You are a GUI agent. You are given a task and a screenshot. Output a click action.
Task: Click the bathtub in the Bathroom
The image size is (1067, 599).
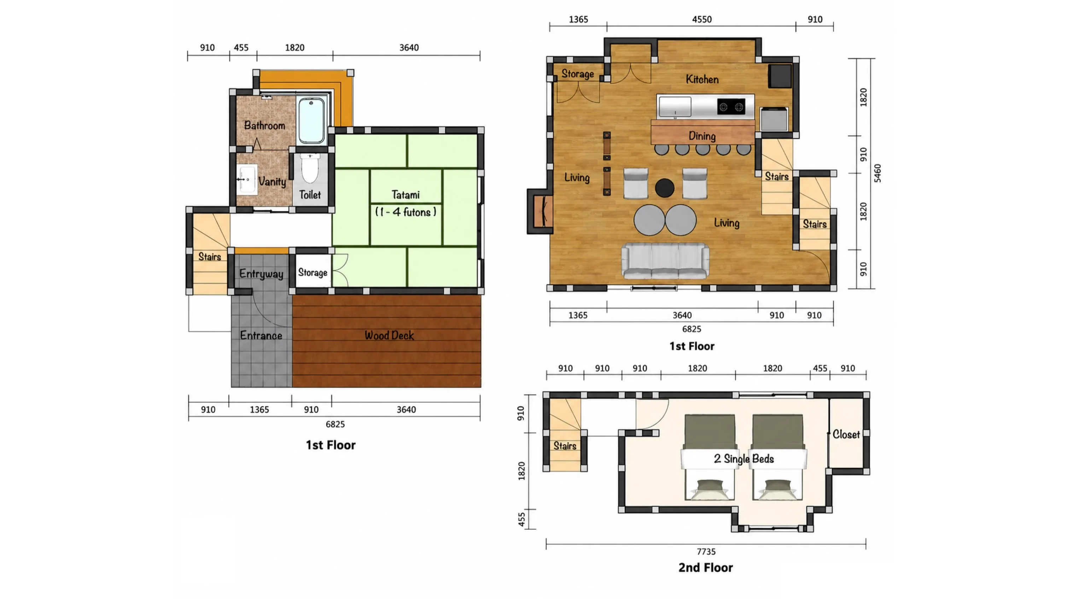coord(311,120)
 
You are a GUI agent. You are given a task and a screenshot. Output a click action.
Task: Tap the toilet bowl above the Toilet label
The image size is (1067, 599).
coord(310,168)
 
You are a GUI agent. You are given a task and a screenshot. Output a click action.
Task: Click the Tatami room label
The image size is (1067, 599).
coord(406,195)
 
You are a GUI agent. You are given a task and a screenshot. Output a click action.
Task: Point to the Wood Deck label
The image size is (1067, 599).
coord(389,335)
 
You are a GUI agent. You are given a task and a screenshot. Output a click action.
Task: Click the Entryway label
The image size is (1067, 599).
coord(261,274)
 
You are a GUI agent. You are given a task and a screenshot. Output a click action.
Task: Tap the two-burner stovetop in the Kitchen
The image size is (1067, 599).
coord(731,107)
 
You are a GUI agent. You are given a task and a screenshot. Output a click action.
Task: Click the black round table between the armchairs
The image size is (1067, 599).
coord(664,188)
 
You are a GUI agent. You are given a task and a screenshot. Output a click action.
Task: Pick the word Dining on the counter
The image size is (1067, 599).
coord(702,136)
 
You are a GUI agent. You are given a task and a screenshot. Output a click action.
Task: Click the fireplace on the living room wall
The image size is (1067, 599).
coord(540,211)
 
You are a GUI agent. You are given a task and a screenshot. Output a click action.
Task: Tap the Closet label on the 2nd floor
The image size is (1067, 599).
coord(846,434)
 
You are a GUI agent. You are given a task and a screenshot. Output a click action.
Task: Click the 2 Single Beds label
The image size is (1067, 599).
coord(744,459)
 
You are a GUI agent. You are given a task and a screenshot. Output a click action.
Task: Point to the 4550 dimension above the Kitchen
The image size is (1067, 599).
coord(702,19)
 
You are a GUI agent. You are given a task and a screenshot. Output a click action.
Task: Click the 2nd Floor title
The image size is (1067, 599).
coord(706,568)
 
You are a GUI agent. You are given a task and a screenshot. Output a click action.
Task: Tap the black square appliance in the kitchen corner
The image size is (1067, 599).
coord(780,76)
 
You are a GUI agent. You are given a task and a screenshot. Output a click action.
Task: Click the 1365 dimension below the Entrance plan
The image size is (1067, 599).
coord(259,410)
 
